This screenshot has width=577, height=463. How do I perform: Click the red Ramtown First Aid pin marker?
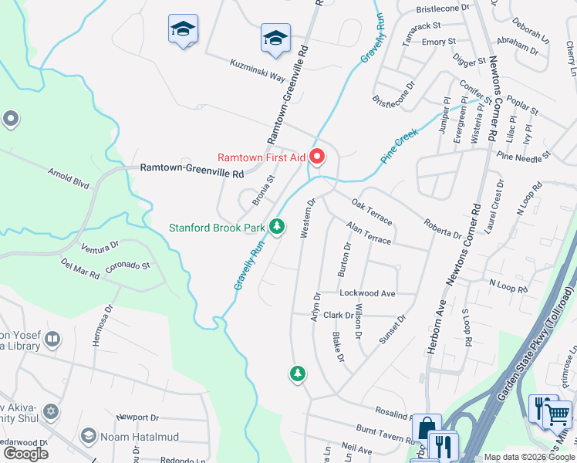(x=317, y=157)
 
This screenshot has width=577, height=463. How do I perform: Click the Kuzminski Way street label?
(x=258, y=73)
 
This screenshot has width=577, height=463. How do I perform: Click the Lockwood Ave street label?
(x=367, y=293)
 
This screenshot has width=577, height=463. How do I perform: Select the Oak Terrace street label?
(x=372, y=212)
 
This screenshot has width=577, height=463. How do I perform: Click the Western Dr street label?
(x=306, y=218)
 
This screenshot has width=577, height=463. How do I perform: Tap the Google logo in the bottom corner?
(x=25, y=453)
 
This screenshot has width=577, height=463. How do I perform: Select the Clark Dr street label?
(x=339, y=315)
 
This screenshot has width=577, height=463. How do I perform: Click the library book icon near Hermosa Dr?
(x=52, y=339)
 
